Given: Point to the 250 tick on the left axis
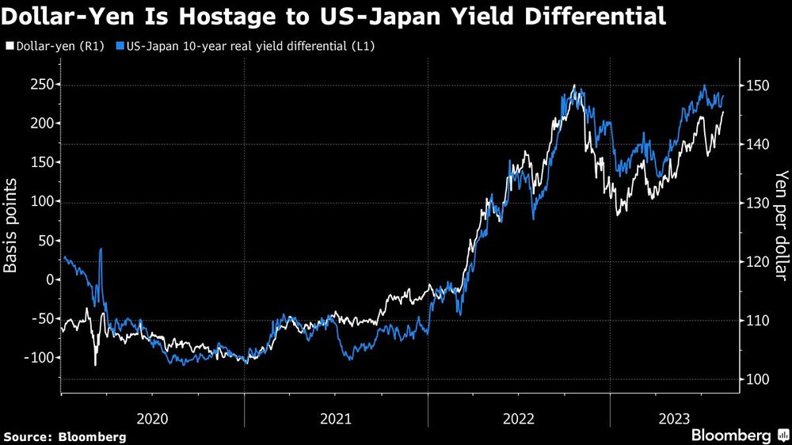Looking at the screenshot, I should pyautogui.click(x=41, y=85).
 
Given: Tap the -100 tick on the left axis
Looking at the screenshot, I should pyautogui.click(x=39, y=358).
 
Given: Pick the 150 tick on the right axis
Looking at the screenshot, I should pyautogui.click(x=756, y=85).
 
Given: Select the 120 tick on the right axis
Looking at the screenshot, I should pyautogui.click(x=756, y=262).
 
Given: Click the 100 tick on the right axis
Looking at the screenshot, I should pyautogui.click(x=756, y=380).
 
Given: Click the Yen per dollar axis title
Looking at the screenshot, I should pyautogui.click(x=781, y=225).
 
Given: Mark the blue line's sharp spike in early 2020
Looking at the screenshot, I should pyautogui.click(x=101, y=250).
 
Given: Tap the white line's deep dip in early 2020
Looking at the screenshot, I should pyautogui.click(x=95, y=364).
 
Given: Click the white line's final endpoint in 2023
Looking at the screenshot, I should pyautogui.click(x=723, y=112).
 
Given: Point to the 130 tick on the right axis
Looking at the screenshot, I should pyautogui.click(x=756, y=203).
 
